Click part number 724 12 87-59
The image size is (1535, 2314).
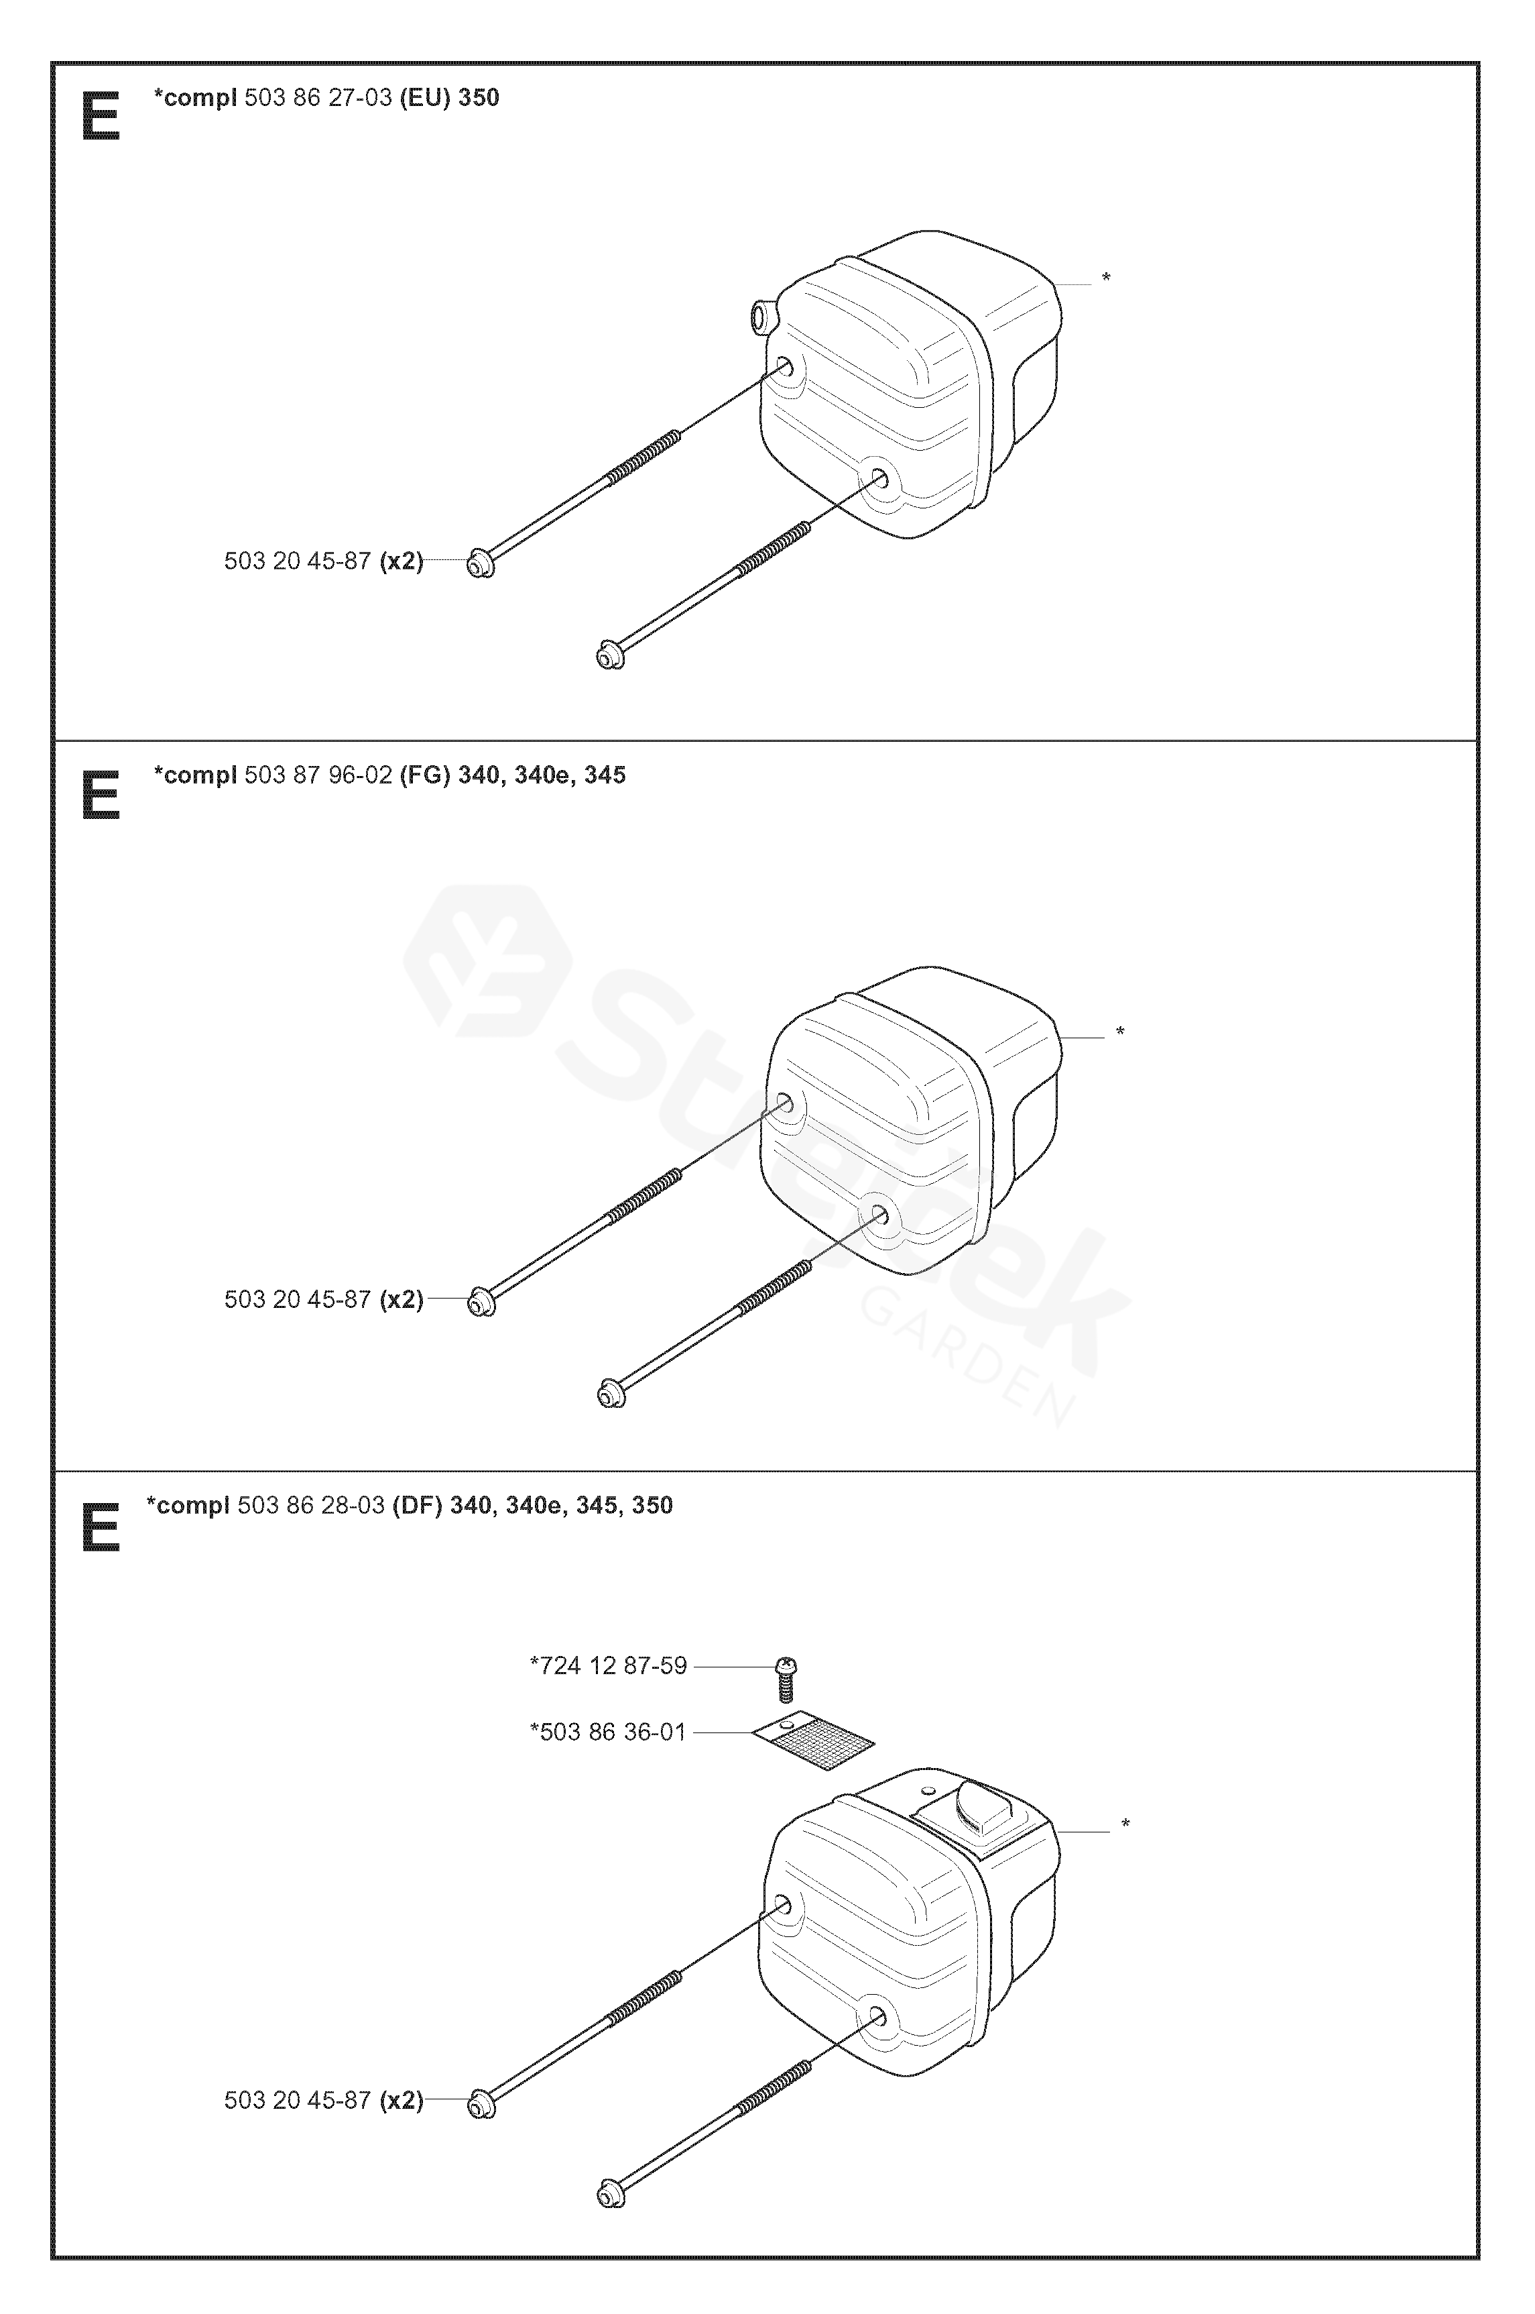pos(609,1665)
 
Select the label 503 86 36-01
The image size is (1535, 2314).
pos(609,1732)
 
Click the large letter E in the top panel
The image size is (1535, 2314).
pos(101,117)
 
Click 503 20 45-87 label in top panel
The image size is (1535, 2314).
pos(298,561)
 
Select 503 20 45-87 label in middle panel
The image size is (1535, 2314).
pos(298,1299)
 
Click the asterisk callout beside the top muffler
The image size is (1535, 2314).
pos(1106,279)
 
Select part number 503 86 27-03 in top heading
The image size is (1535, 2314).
pos(318,98)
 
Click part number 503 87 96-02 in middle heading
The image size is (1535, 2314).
pos(318,775)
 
